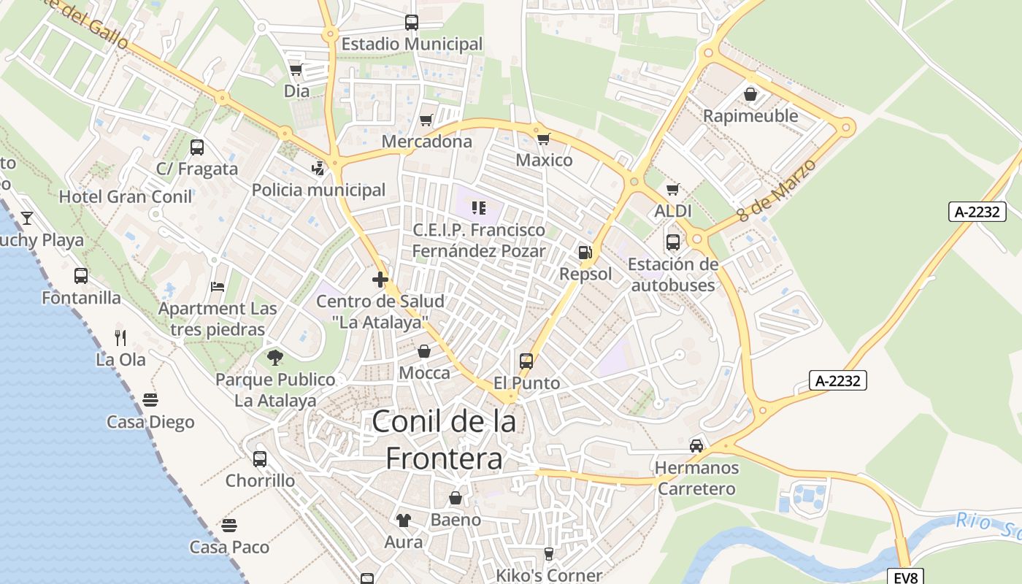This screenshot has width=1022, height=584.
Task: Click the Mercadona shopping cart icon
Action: coord(426,120)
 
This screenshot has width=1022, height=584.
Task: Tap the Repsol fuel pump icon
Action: coord(585,253)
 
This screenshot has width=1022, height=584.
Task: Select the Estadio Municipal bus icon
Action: coord(412,23)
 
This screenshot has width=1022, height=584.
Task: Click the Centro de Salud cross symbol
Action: coord(380,279)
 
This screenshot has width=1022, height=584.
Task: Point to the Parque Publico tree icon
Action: coord(275,358)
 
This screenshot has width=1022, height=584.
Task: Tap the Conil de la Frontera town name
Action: coord(444,439)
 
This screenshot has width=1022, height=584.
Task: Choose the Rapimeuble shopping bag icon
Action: coord(750,94)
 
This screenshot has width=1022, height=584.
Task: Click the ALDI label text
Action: coord(672,212)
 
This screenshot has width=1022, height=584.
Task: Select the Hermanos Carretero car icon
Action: coord(696,445)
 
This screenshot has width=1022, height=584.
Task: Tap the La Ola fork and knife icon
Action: coord(120,337)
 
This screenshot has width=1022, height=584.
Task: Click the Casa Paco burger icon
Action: coord(229,526)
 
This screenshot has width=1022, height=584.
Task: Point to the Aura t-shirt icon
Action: coord(403,520)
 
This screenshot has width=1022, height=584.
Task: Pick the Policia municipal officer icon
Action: coord(318,169)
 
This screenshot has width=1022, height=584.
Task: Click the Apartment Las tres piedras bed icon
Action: coord(218,287)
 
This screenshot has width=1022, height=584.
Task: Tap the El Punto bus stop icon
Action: coord(526,361)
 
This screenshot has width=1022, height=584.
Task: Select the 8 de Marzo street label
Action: coord(775,191)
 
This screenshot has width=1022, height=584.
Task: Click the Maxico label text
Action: coord(544,160)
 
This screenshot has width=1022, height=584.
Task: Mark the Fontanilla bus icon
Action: coord(81,276)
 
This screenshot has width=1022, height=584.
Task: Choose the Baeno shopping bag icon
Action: coord(456,498)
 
